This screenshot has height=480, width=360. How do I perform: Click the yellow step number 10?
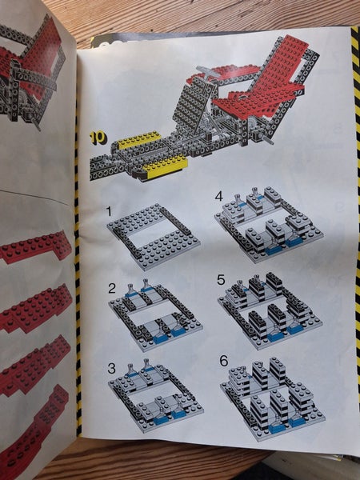(x=98, y=138)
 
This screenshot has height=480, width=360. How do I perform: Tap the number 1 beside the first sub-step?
(x=110, y=211)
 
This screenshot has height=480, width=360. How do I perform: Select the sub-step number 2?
(x=112, y=288)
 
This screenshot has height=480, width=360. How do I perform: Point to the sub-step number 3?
(x=111, y=368)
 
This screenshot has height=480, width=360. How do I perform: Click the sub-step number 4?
(x=219, y=196)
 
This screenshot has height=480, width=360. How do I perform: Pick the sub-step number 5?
(x=221, y=280)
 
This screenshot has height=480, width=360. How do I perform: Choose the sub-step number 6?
(x=224, y=361)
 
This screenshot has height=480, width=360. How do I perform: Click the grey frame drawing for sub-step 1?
(x=154, y=237)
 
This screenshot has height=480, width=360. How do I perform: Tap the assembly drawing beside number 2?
(x=155, y=314)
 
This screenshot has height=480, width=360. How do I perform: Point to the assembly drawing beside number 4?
(x=269, y=225)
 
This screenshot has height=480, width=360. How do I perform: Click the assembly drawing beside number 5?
(x=270, y=311)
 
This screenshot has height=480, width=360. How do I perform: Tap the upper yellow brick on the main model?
(x=139, y=139)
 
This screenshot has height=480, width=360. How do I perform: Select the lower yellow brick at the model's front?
(x=165, y=167)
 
